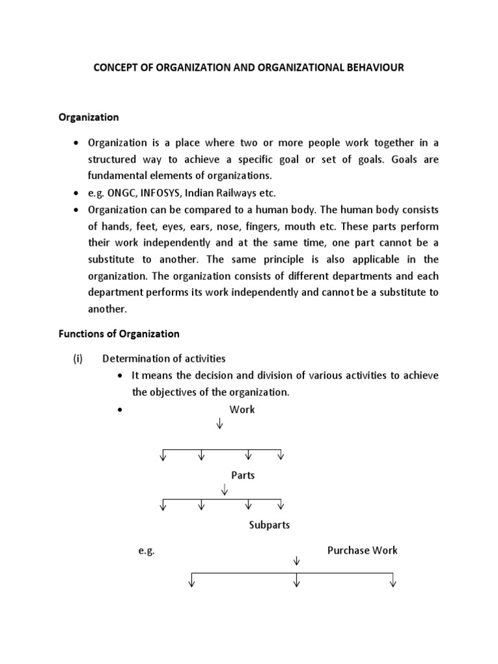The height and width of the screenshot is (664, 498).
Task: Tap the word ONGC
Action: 118,193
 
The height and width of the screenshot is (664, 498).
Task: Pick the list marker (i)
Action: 77,359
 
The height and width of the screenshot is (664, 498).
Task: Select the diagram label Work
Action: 242,409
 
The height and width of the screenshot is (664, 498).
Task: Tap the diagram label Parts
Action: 243,475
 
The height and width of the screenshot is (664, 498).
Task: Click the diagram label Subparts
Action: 269,525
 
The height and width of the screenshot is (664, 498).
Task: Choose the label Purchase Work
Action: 362,550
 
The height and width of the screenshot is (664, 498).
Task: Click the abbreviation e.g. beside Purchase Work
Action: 146,551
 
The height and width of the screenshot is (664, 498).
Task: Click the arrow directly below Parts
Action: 224,488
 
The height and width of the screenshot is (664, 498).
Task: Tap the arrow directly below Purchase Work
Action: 296,561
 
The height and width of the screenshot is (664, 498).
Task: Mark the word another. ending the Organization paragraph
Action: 107,309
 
